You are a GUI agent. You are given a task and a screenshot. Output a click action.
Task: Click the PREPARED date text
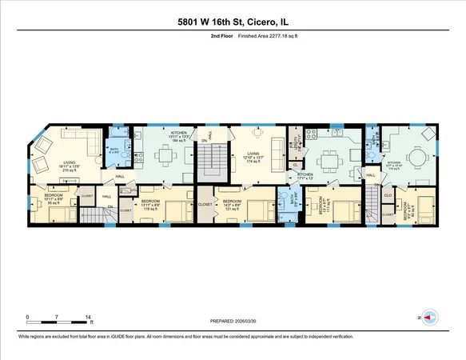pyautogui.click(x=233, y=323)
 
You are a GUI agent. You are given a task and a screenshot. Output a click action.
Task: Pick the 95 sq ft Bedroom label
pyautogui.click(x=54, y=200)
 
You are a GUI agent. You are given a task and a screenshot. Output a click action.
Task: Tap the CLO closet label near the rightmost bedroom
pyautogui.click(x=387, y=194)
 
